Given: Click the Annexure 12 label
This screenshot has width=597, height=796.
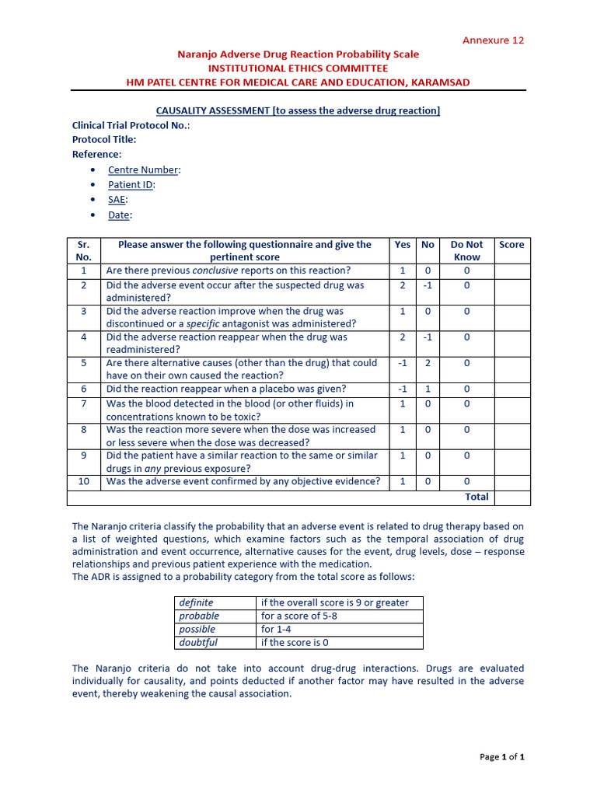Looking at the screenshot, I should pos(494,40).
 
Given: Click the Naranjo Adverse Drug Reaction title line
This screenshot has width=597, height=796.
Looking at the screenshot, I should pos(298,54).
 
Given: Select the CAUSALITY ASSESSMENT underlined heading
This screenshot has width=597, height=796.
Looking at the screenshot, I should pos(293,110).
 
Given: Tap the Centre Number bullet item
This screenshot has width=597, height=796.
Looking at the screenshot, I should pos(144,170).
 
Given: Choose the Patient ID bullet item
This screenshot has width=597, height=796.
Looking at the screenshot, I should pos(131,185).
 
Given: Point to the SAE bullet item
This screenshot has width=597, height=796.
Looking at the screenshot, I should pos(117,200).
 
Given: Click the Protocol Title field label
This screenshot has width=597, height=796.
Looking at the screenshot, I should pos(104,140).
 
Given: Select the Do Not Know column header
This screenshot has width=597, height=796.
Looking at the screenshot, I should pos(466,250).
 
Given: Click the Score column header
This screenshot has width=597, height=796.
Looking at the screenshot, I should pos(511,245).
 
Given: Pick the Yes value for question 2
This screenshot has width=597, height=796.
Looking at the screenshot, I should pos(403,285).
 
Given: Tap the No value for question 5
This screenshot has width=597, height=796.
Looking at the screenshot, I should pos(428,363).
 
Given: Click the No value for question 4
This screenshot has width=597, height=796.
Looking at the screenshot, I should pos(428,337).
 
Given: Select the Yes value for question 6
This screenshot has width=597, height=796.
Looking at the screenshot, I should pos(403,389).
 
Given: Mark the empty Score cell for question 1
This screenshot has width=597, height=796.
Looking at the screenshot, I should pos(511,271).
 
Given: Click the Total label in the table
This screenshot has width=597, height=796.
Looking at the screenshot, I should pos(477,497).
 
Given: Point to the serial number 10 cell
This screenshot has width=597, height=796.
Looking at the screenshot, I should pos(84,481).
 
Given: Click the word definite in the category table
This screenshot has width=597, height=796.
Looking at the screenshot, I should pos(196,602).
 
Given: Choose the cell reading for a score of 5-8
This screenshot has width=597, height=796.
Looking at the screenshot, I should pos(298,616).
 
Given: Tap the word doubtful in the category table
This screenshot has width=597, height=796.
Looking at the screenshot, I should pos(198,642).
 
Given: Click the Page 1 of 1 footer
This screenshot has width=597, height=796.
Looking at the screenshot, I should pos(503,756).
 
